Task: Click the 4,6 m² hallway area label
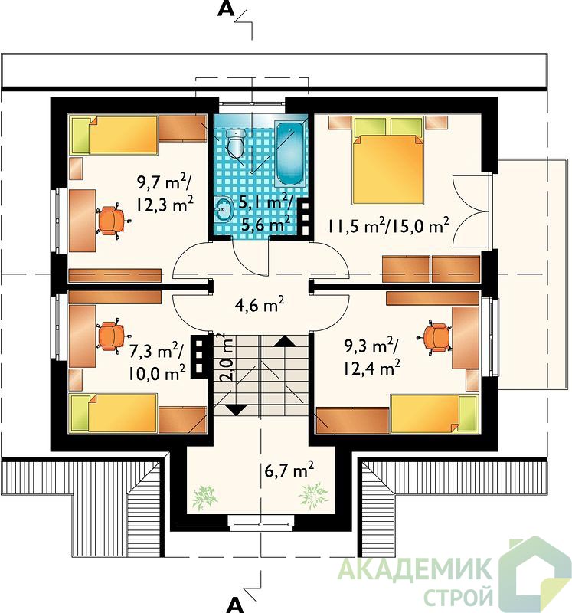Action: point(260,305)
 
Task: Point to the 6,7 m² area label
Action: point(289,470)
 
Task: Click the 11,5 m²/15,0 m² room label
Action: point(388,225)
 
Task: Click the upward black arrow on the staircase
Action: point(286,342)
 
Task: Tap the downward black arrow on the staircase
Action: point(236,410)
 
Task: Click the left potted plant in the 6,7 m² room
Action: point(204,497)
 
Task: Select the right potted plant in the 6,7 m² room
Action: point(313,496)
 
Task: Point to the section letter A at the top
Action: point(226,9)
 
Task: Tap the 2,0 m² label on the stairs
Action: point(227,357)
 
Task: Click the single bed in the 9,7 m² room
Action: point(114,135)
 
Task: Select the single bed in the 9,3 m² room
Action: point(434,414)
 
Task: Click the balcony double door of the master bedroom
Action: point(472,211)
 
